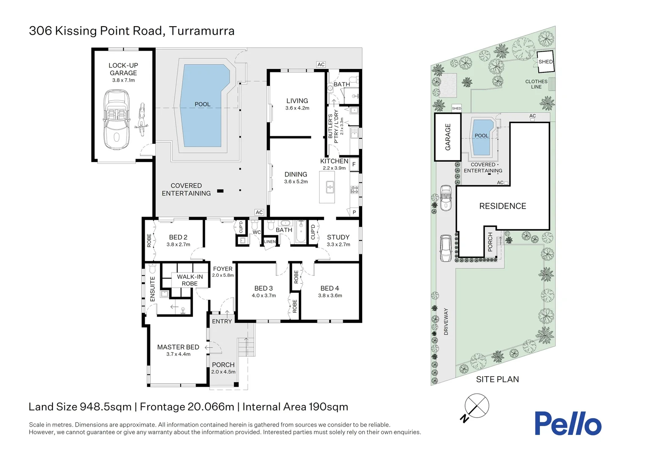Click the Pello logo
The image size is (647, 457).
567,424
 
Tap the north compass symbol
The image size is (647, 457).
476,406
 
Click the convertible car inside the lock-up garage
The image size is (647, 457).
117,120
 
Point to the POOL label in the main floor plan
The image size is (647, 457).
202,104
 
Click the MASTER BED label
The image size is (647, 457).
178,347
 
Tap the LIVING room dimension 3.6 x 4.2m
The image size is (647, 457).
297,108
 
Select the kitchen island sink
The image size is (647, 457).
330,187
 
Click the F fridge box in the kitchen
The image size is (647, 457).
354,164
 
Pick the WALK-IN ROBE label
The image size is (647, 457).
190,280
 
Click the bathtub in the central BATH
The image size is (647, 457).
300,232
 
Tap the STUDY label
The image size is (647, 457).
338,237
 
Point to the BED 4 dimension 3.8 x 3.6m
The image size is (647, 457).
330,296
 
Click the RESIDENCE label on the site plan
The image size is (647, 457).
502,206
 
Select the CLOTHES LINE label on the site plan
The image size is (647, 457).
536,84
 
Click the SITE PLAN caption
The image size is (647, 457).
497,380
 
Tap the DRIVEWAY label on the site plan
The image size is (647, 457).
446,322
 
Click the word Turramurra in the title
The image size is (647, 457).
202,31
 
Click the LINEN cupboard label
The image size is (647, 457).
270,242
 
